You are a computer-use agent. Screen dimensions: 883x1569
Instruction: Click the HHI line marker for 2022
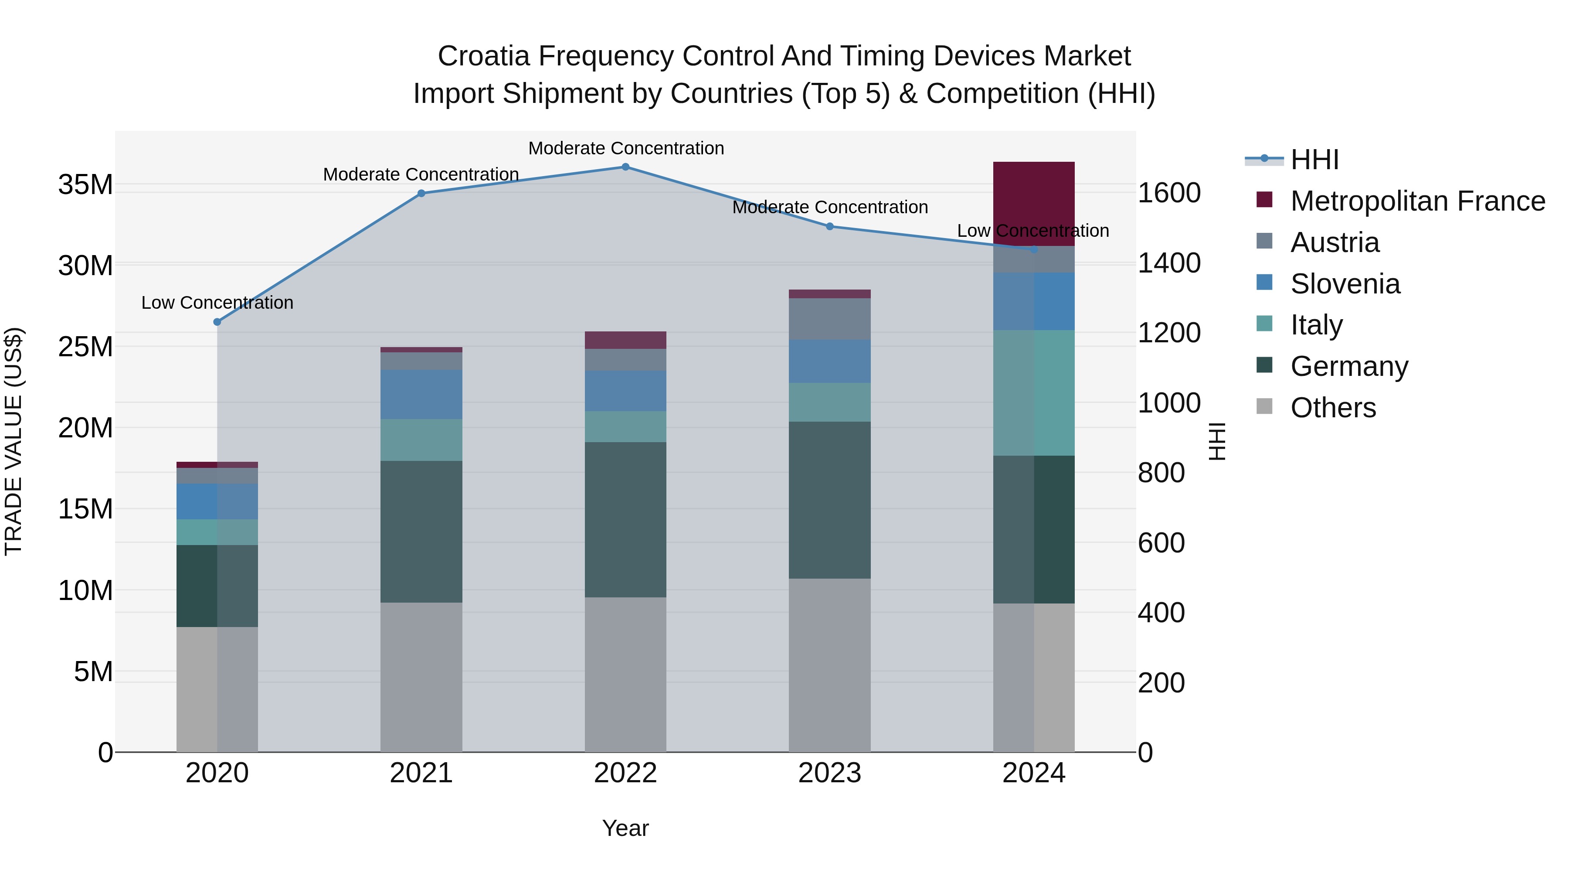(x=625, y=167)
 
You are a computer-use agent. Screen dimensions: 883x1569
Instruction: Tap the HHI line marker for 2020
(x=217, y=322)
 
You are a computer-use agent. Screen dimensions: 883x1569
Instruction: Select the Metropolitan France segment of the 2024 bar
(x=1034, y=204)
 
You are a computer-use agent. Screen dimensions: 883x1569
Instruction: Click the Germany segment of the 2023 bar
(x=829, y=500)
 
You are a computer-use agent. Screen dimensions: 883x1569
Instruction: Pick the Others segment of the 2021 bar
(x=421, y=676)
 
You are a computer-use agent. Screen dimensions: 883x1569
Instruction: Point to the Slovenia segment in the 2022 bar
(x=625, y=391)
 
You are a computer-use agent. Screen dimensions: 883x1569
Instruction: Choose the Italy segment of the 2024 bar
(x=1034, y=393)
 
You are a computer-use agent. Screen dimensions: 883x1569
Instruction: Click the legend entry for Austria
(x=1334, y=242)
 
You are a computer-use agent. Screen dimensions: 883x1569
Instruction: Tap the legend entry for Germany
(x=1348, y=366)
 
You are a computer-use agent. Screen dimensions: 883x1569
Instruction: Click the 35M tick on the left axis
(x=85, y=184)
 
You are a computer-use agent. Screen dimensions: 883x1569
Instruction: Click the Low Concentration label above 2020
(x=217, y=303)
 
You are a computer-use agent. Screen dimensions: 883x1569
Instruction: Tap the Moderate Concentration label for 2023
(x=829, y=207)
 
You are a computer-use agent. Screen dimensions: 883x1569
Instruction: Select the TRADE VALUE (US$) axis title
(x=14, y=441)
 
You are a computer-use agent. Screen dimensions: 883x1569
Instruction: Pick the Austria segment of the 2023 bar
(x=829, y=319)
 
